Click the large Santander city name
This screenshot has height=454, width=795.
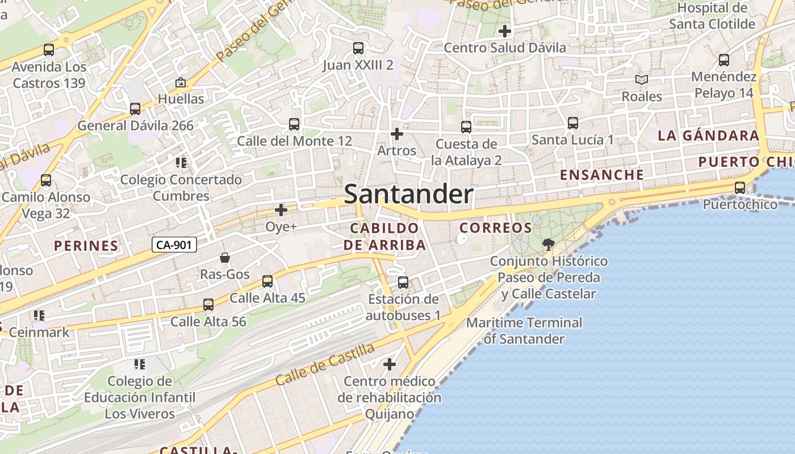coord(408,194)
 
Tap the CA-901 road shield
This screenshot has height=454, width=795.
coord(174,245)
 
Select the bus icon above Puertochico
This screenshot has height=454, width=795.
coord(740,188)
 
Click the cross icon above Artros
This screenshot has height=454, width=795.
coord(397,134)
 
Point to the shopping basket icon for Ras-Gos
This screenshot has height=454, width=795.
coord(225,258)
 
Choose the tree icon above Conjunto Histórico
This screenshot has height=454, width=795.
coord(548,245)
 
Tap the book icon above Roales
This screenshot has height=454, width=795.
coord(642,80)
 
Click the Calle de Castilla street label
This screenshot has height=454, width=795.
coord(325,364)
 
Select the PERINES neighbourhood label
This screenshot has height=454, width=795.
coord(86,246)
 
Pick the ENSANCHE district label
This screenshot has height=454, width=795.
coord(602,175)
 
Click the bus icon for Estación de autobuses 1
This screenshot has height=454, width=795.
coord(403,282)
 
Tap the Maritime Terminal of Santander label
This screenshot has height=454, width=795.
coord(524,330)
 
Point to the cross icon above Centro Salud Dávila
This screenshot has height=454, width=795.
coord(504,31)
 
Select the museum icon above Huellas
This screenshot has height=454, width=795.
coord(181,82)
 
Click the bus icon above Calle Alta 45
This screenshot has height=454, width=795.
coord(267,281)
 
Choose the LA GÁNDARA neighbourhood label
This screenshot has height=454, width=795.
coord(708,136)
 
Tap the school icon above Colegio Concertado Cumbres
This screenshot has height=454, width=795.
coord(181,163)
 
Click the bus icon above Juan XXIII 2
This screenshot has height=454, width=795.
coord(358,48)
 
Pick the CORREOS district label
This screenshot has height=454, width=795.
coord(496,228)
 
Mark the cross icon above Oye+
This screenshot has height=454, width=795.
coord(281,210)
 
